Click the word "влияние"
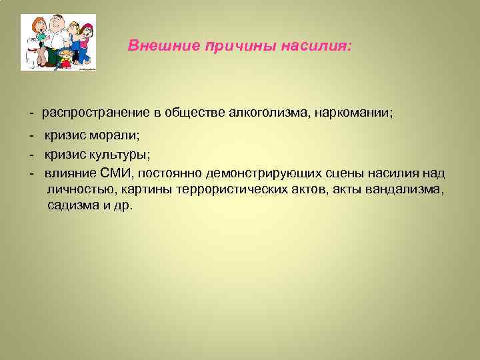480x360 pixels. [x=65, y=173]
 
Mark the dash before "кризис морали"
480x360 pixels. [x=32, y=136]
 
